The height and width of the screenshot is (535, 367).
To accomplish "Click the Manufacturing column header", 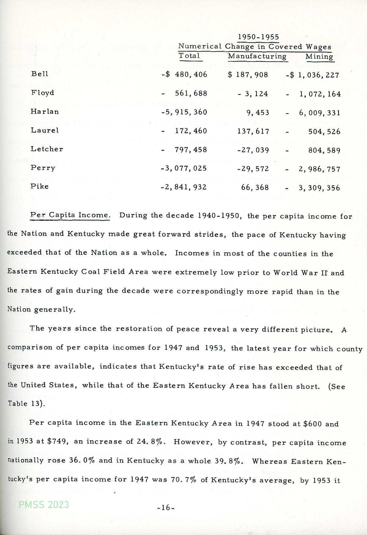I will (257, 56).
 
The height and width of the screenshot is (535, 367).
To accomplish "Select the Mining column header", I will (319, 57).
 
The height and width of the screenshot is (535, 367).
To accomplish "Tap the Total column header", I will (189, 56).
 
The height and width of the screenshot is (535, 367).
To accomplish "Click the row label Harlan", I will (45, 112).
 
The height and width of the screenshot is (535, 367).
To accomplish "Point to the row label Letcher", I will (47, 149).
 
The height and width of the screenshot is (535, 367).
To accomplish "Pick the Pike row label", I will (39, 186).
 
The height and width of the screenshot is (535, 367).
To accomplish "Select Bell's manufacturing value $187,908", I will (248, 75).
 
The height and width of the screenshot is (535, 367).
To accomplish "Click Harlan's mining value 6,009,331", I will (320, 113).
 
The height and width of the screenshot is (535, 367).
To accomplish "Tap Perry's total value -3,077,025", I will (184, 168).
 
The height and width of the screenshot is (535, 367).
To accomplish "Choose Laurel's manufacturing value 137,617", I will (253, 132).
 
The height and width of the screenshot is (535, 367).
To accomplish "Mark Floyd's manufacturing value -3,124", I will (253, 94).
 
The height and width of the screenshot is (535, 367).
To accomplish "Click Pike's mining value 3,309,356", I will (319, 188).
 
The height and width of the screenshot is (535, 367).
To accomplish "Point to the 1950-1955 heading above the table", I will (258, 37).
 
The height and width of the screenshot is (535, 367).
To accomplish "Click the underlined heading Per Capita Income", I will (70, 215).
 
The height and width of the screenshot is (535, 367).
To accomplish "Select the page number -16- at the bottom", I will (165, 508).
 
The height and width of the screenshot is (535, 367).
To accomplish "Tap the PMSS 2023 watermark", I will (44, 504).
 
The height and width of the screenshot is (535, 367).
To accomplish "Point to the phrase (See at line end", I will (337, 387).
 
